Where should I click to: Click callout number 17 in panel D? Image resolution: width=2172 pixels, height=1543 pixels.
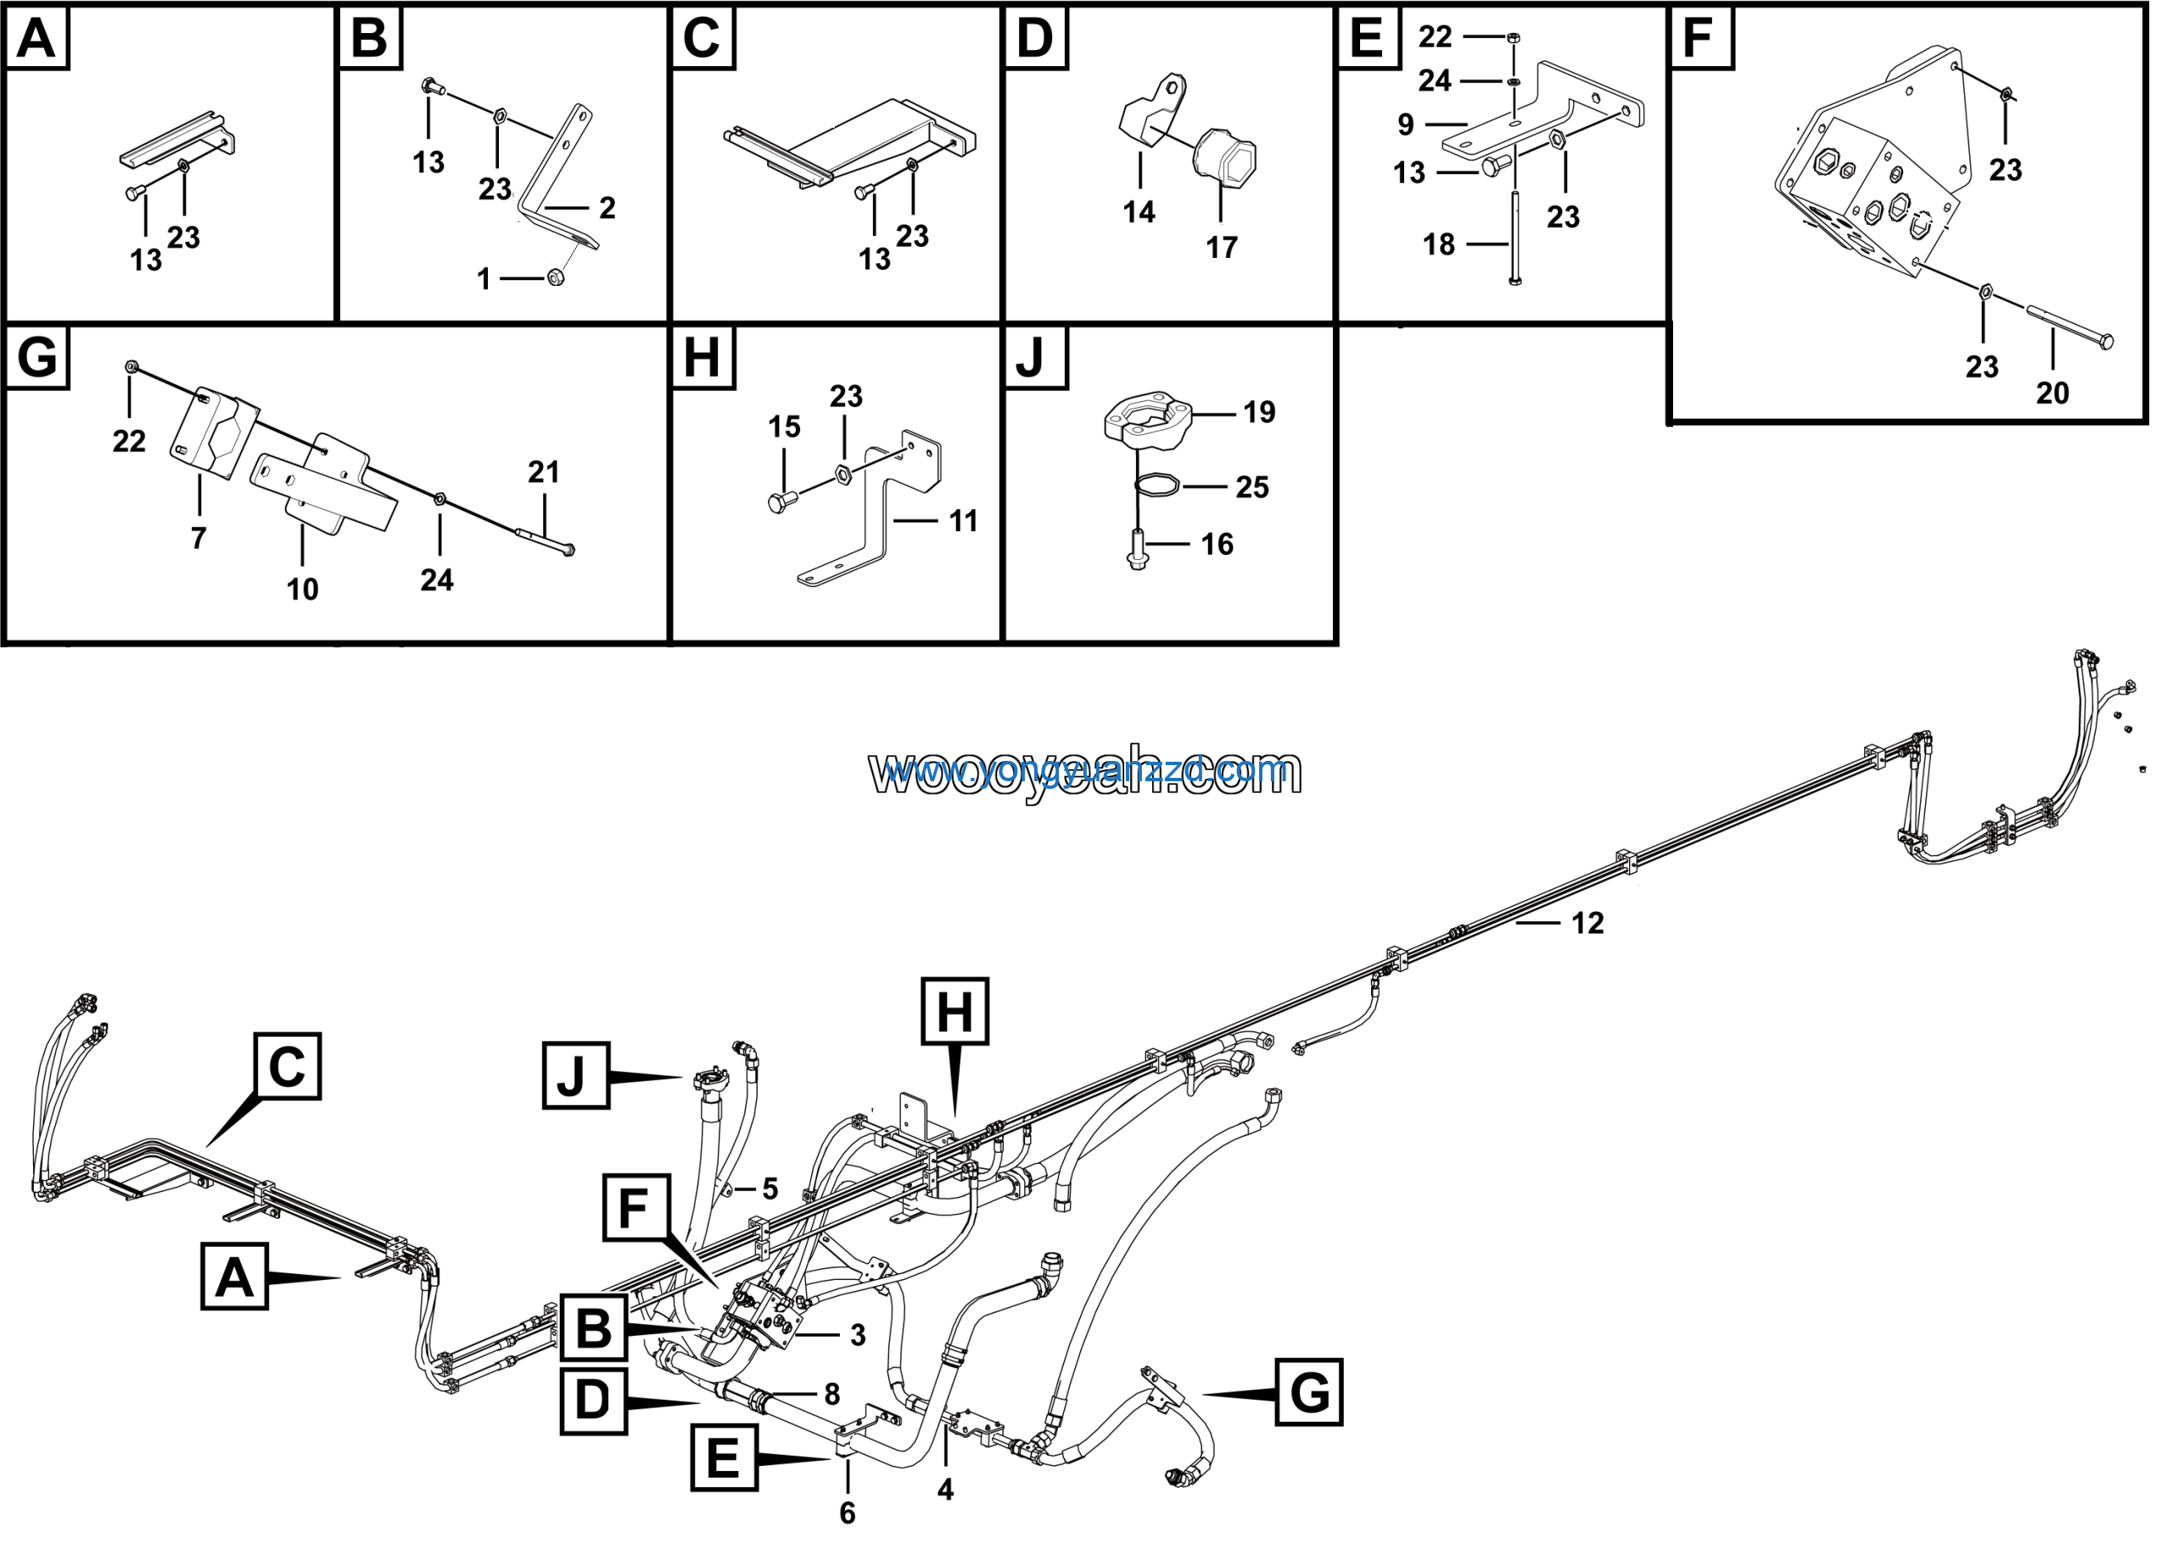click(x=1221, y=248)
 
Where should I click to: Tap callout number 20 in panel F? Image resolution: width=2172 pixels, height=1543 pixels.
click(x=2052, y=394)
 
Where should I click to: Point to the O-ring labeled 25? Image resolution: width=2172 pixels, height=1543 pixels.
click(x=1157, y=484)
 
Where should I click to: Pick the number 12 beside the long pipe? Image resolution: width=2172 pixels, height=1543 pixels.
click(x=1587, y=924)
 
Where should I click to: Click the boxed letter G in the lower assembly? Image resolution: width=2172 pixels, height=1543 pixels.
click(x=1308, y=1393)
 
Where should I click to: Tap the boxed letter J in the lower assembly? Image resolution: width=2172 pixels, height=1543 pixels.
click(x=575, y=1076)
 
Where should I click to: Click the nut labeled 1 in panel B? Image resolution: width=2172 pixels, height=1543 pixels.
click(x=557, y=277)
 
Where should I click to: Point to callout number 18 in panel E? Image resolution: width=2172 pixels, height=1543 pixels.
click(x=1438, y=245)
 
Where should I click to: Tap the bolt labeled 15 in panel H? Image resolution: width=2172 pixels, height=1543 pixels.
click(x=778, y=503)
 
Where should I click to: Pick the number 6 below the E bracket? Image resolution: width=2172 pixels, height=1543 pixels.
click(x=848, y=1512)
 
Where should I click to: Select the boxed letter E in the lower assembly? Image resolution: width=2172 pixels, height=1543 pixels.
click(x=723, y=1456)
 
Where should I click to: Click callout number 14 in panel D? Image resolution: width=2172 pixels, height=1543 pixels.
click(x=1139, y=212)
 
